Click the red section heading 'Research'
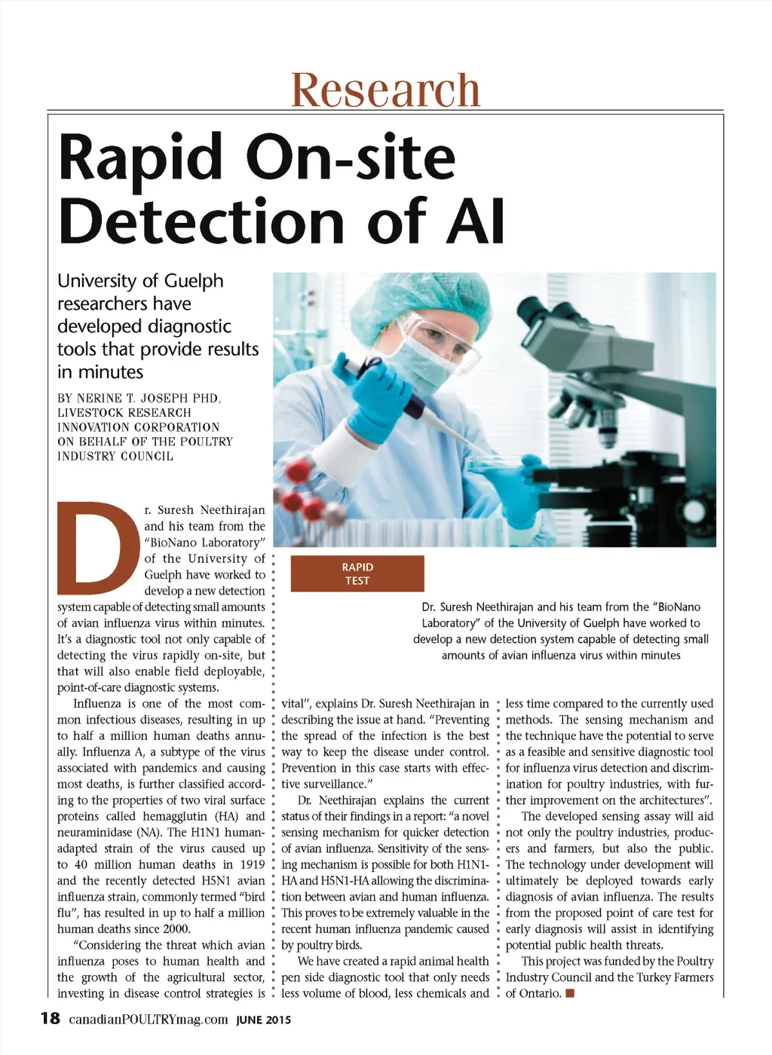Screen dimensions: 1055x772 tap(385, 90)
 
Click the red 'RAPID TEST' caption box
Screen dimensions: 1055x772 tap(357, 573)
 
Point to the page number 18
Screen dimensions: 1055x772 tap(50, 1019)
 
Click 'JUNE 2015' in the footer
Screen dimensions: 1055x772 tap(263, 1020)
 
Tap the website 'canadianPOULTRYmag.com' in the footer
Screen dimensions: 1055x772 tap(149, 1020)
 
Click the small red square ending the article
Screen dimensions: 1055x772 tap(570, 993)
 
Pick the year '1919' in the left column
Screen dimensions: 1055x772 tap(252, 864)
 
